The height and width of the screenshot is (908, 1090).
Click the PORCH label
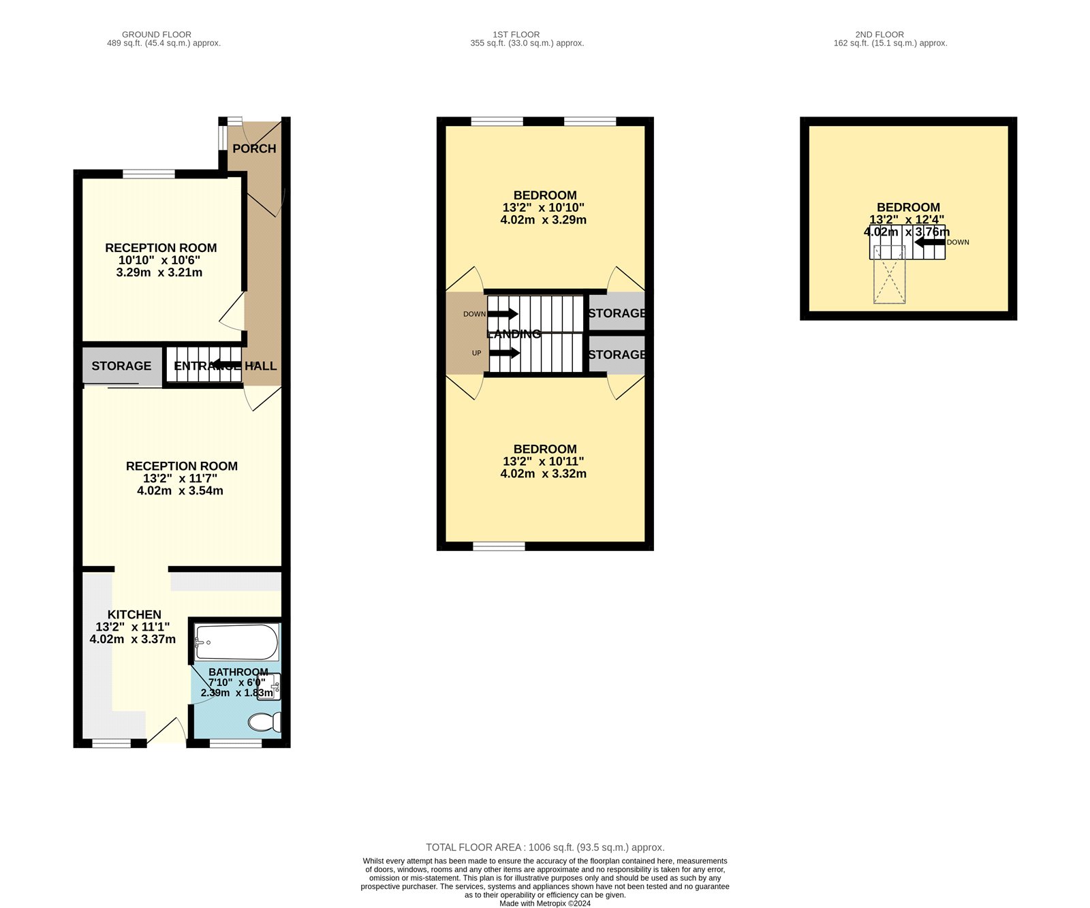click(254, 148)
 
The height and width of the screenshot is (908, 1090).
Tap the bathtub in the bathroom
click(236, 642)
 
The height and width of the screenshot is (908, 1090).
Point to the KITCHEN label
click(134, 614)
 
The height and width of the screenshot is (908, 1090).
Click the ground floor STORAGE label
click(121, 366)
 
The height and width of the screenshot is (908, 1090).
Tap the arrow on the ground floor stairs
click(226, 365)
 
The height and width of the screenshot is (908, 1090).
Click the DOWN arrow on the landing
click(503, 314)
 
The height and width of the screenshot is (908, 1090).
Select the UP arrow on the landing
click(504, 353)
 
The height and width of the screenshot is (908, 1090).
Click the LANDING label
click(514, 334)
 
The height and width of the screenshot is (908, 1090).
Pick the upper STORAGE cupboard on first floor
click(617, 313)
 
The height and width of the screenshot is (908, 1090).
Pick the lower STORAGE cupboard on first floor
click(617, 354)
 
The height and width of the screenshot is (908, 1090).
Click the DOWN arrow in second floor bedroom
click(929, 242)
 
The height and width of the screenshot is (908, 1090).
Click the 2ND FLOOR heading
click(879, 34)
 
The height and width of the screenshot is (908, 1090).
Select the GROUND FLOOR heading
click(157, 34)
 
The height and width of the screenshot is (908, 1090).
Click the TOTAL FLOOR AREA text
click(545, 847)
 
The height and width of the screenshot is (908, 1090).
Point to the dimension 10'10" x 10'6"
click(159, 260)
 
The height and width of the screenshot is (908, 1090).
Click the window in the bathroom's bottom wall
click(236, 744)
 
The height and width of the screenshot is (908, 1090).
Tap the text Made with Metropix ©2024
click(545, 903)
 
